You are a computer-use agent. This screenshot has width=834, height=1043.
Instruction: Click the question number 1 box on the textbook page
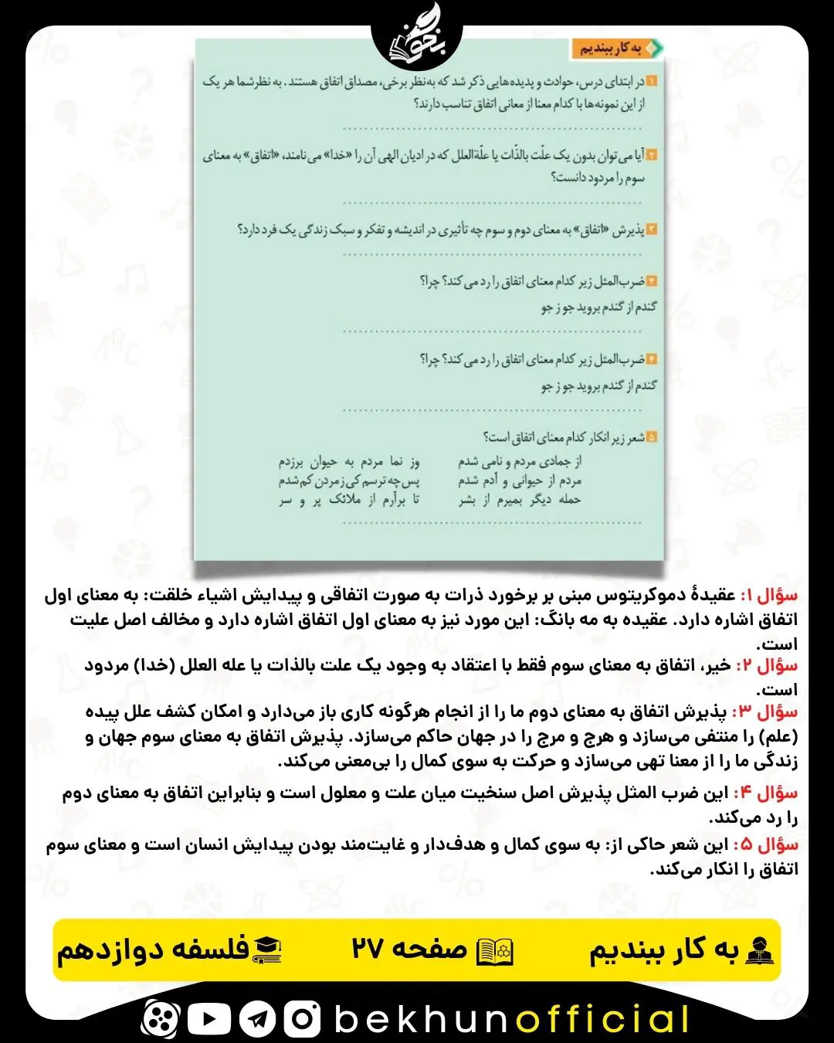click(650, 82)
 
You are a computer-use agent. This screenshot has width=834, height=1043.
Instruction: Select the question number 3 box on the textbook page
click(650, 229)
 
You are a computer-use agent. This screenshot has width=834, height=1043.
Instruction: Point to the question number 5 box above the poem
click(650, 437)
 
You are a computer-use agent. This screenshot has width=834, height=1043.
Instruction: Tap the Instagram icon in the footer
click(302, 1019)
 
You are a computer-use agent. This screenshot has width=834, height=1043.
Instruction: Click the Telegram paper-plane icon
click(257, 1019)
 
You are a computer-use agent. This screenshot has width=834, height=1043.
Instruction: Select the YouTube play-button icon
click(208, 1019)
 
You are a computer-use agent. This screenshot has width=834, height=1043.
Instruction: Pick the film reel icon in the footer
click(161, 1019)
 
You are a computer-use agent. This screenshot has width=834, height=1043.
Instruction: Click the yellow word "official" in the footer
click(602, 1019)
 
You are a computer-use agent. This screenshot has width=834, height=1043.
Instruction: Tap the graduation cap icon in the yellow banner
click(267, 950)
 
